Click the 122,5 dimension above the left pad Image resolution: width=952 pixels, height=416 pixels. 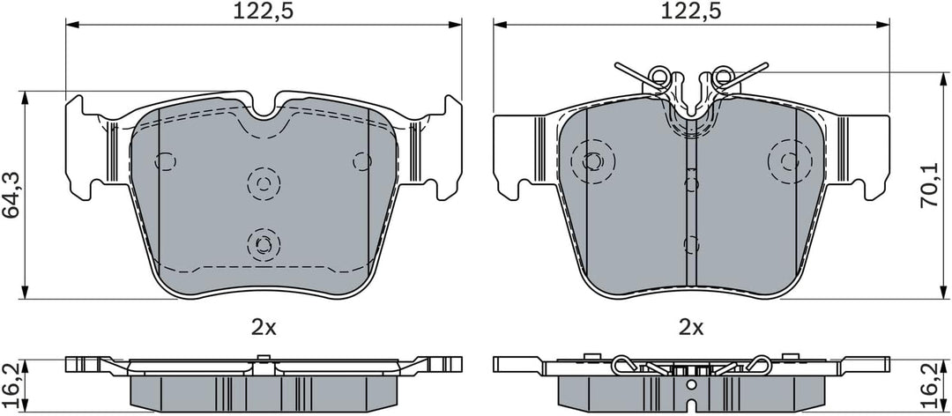point(264,11)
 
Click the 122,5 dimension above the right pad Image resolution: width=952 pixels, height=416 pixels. point(692,11)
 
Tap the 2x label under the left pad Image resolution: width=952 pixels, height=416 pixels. point(264,329)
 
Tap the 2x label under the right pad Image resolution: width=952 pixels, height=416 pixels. point(691,329)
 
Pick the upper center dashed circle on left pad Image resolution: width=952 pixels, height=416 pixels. point(264,182)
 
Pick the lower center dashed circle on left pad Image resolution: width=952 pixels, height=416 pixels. point(264,244)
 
